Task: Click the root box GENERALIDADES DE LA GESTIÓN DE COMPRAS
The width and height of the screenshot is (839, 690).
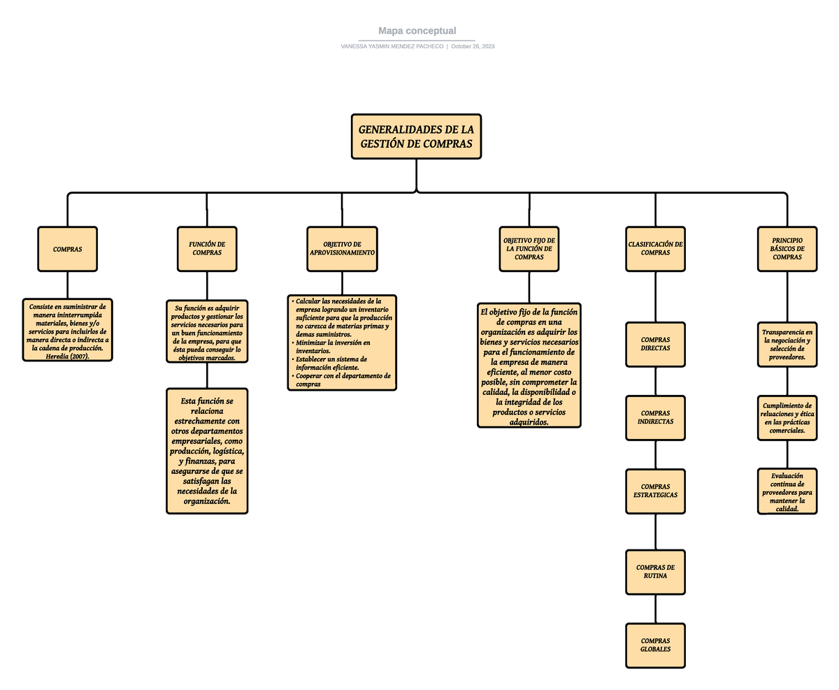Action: point(416,137)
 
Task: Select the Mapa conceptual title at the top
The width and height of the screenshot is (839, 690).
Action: point(417,31)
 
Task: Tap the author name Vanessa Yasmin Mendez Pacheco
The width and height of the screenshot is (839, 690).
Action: point(392,46)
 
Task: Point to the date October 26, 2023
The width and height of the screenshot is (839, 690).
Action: point(473,46)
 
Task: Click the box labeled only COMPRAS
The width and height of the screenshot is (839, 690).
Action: point(67,249)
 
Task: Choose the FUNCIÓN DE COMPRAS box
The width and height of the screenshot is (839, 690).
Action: point(207,249)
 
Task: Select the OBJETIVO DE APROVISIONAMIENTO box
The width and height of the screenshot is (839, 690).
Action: point(342,249)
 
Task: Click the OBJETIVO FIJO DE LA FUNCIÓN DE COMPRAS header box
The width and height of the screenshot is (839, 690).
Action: point(529,249)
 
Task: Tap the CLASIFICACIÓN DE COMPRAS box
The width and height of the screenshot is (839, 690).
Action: point(655,249)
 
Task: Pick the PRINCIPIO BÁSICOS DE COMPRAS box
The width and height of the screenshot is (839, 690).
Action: point(787,249)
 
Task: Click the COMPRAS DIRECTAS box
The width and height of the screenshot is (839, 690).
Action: point(655,344)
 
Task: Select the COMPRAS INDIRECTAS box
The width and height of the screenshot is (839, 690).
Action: point(655,418)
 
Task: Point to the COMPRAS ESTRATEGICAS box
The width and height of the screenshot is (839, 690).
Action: point(655,491)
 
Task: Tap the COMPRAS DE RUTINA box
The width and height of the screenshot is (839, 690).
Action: point(655,572)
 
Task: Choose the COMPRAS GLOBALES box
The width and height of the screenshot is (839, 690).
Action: point(655,645)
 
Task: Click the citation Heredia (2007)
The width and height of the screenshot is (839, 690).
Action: point(67,356)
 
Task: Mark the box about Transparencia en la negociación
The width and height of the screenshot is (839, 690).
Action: point(787,344)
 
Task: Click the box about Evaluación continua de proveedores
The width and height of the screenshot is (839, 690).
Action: point(787,491)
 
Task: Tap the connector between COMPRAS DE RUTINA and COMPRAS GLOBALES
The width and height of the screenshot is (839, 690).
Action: point(655,609)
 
